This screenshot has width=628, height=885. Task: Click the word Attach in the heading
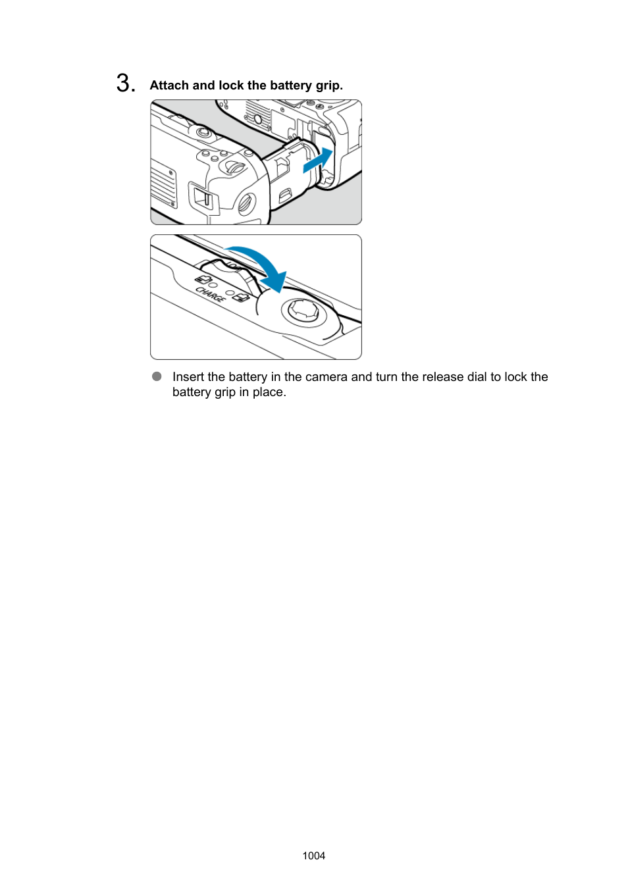click(169, 86)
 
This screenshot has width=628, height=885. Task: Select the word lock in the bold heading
click(231, 86)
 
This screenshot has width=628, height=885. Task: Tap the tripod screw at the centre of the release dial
click(303, 310)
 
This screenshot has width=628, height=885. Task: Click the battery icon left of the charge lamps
click(203, 279)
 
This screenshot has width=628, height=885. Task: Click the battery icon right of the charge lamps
click(241, 297)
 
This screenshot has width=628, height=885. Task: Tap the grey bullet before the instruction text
click(157, 376)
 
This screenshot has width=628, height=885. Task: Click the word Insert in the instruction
click(188, 377)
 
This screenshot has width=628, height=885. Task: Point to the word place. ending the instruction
click(269, 392)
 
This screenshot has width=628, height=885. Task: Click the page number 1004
click(314, 855)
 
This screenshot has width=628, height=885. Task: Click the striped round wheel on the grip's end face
click(246, 203)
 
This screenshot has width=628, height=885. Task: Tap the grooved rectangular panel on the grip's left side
click(163, 185)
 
